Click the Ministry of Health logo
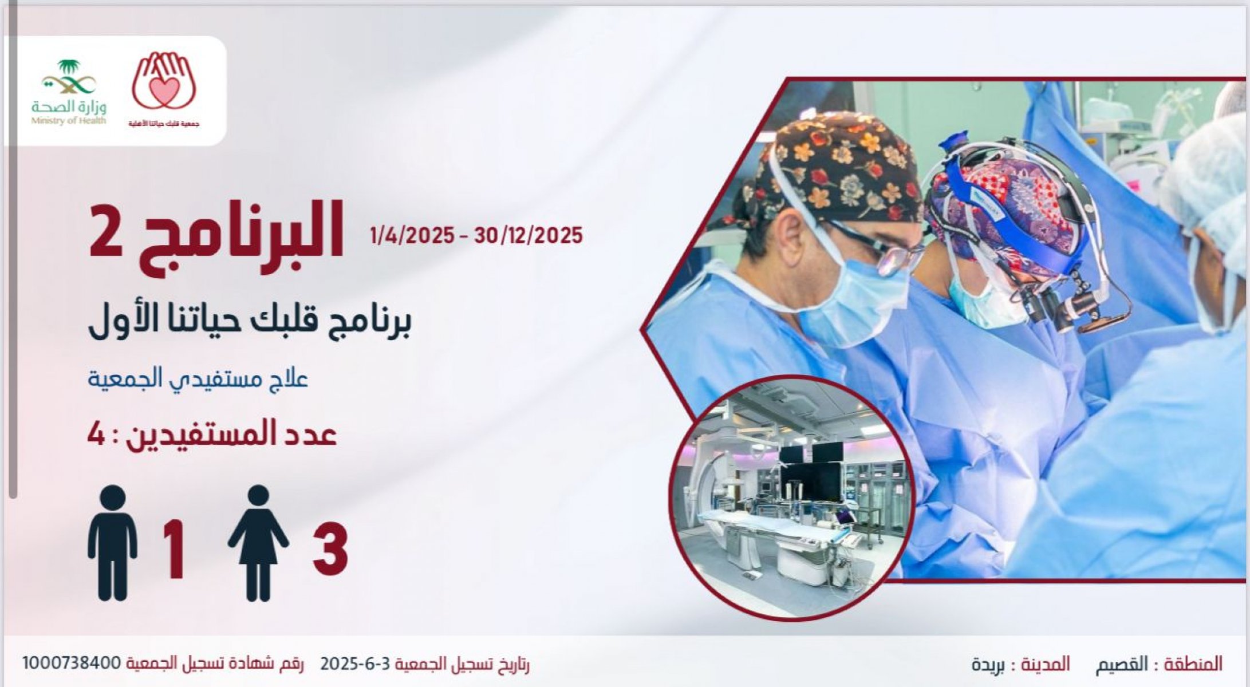coord(69,92)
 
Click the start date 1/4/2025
coord(412,235)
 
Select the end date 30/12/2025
coord(528,235)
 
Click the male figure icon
coord(113,543)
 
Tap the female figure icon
coord(258,543)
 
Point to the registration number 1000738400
coord(70,663)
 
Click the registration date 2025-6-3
coord(355,664)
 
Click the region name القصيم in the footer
coord(1122,664)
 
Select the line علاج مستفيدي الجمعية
coord(198,378)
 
